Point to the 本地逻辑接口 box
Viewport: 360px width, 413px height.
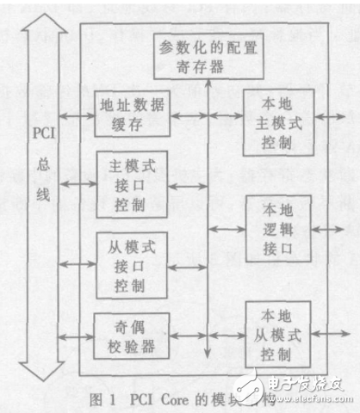275,227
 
